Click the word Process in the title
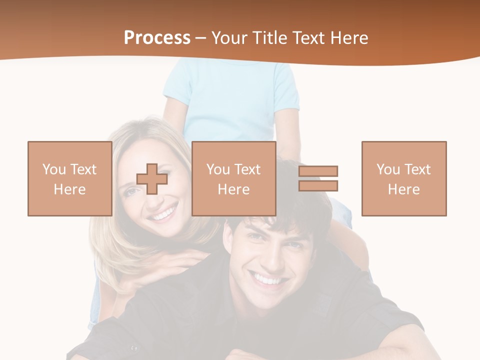click(157, 38)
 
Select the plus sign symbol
click(152, 179)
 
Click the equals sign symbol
click(318, 178)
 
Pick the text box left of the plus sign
click(69, 178)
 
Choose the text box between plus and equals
click(233, 178)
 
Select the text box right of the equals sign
click(404, 178)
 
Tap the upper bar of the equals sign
click(318, 171)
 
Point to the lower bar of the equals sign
click(318, 185)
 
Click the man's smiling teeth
click(268, 279)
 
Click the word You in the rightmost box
click(388, 169)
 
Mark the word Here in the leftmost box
click(69, 189)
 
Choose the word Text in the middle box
click(247, 169)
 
